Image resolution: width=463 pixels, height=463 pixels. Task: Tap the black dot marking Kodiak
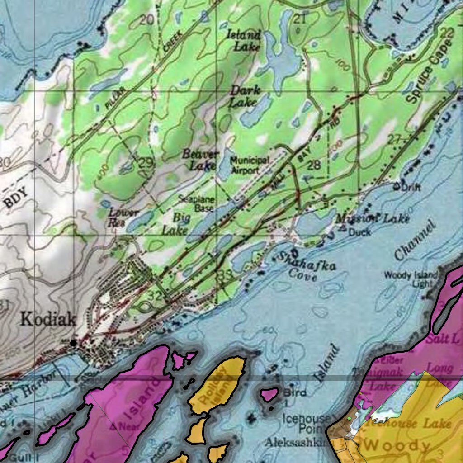click(73, 343)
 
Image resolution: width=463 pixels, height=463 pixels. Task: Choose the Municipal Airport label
click(250, 165)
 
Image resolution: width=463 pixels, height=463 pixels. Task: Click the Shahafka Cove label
click(306, 267)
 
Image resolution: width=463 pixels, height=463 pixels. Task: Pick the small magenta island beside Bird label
click(269, 395)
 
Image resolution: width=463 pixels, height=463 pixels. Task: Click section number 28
click(314, 165)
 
